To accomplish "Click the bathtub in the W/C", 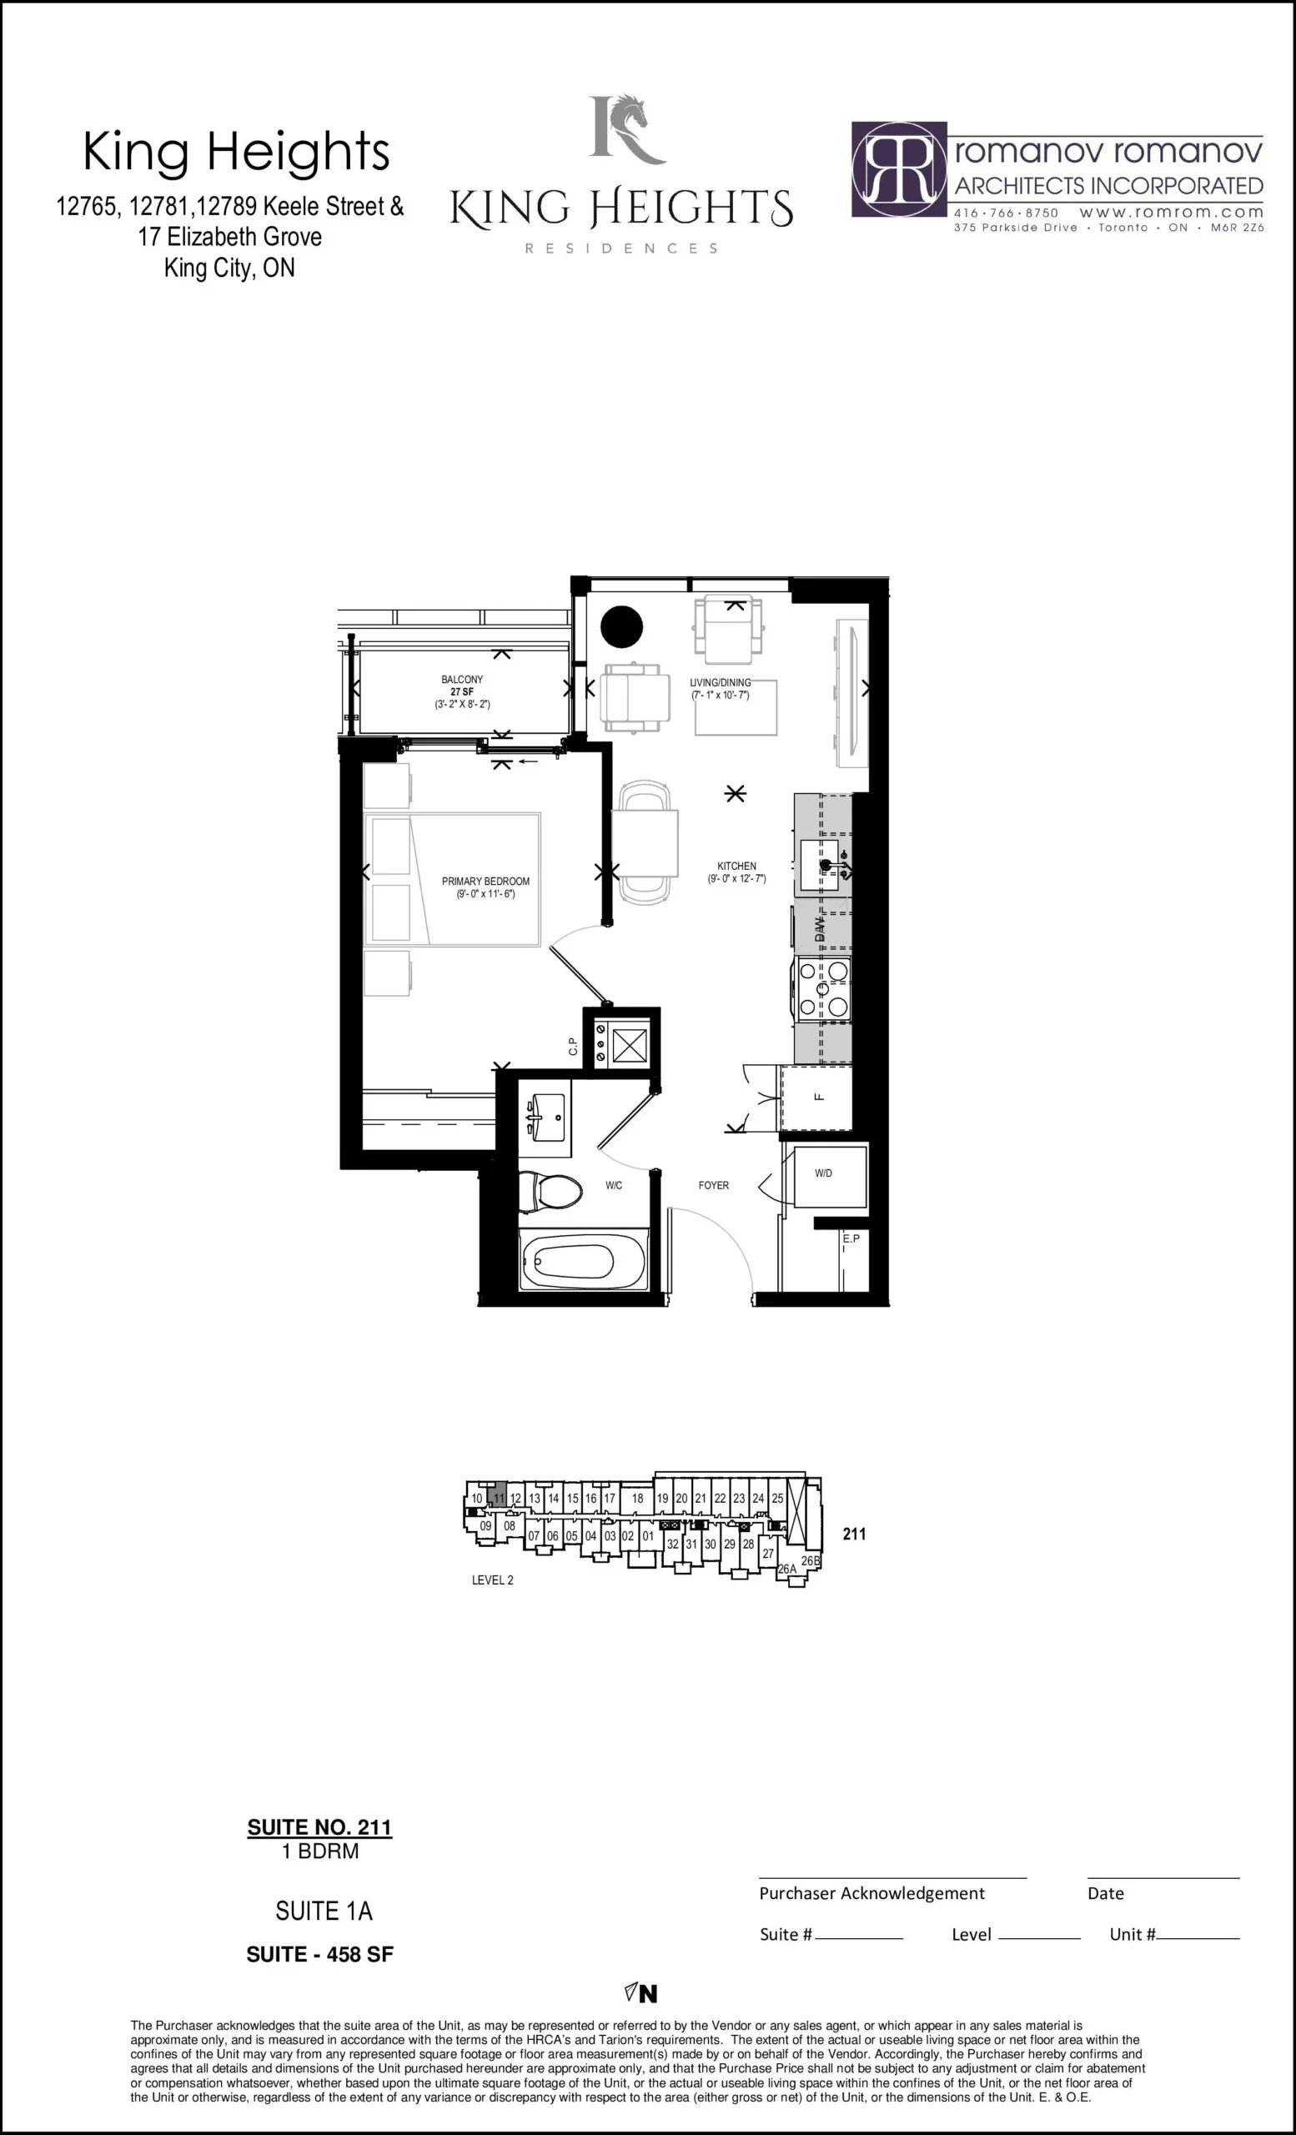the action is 583,1260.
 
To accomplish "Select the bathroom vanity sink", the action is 545,1117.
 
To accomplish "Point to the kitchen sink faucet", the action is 831,864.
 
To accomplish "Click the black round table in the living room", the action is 621,626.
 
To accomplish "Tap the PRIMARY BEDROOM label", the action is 485,882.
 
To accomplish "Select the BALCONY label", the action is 462,680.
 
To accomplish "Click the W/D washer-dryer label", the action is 823,1173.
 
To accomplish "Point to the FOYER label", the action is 714,1185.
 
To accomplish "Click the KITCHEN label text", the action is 736,866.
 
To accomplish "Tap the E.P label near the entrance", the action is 851,1238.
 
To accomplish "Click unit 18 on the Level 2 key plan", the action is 636,1497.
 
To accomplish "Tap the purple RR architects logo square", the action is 898,168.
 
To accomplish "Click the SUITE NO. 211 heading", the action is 319,1826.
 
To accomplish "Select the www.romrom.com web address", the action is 1171,212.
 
